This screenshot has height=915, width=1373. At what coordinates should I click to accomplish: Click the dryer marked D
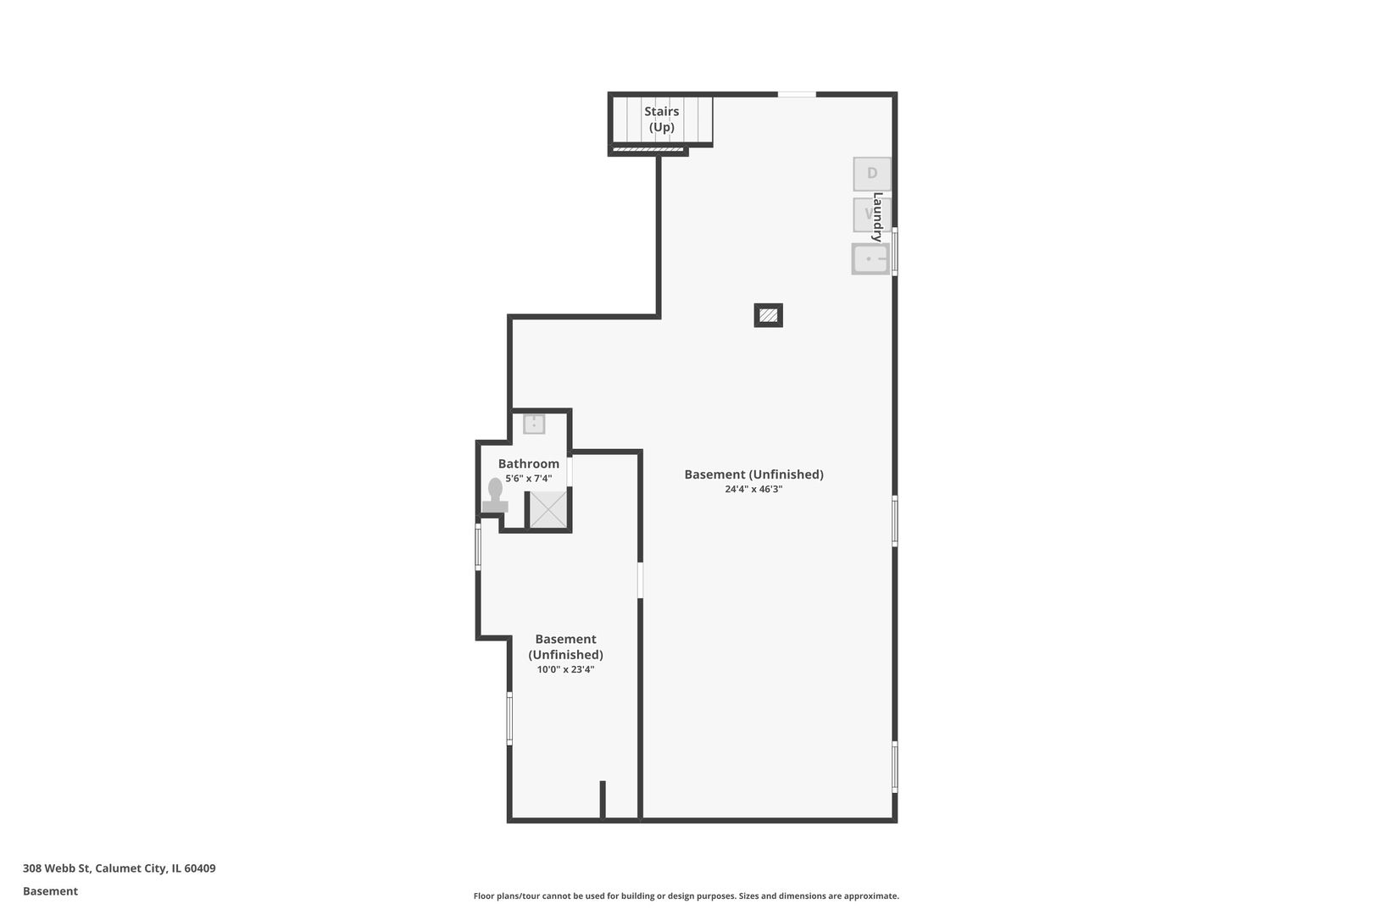point(871,174)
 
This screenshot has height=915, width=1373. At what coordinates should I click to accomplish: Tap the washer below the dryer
point(866,214)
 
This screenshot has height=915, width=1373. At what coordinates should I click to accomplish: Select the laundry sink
point(870,259)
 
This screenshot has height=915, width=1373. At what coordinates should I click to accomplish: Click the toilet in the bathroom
point(495,496)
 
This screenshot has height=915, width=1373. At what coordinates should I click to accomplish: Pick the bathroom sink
point(534,424)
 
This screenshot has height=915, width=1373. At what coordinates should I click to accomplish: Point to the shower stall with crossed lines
point(548,509)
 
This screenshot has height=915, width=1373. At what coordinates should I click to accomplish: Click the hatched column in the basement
point(768,315)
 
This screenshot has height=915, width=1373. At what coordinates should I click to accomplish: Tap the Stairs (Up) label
point(661,119)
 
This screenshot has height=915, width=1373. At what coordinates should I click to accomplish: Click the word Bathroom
point(528,463)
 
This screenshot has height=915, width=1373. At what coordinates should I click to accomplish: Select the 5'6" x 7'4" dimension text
point(528,479)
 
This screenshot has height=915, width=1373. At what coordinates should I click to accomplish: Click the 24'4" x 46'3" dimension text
point(753,489)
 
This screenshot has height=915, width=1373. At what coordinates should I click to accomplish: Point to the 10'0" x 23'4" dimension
point(565,669)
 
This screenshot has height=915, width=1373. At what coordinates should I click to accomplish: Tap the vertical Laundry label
point(878,217)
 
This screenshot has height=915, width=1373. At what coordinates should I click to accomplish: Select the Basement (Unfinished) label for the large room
point(753,474)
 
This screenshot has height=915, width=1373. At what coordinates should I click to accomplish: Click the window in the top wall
point(797,94)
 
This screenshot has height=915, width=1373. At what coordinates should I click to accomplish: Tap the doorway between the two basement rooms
point(640,580)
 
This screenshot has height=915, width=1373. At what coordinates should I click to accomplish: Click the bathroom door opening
point(570,471)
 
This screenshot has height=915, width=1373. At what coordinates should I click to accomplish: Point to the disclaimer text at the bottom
point(686,896)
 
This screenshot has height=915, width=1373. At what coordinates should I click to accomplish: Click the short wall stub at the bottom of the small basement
point(603,799)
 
